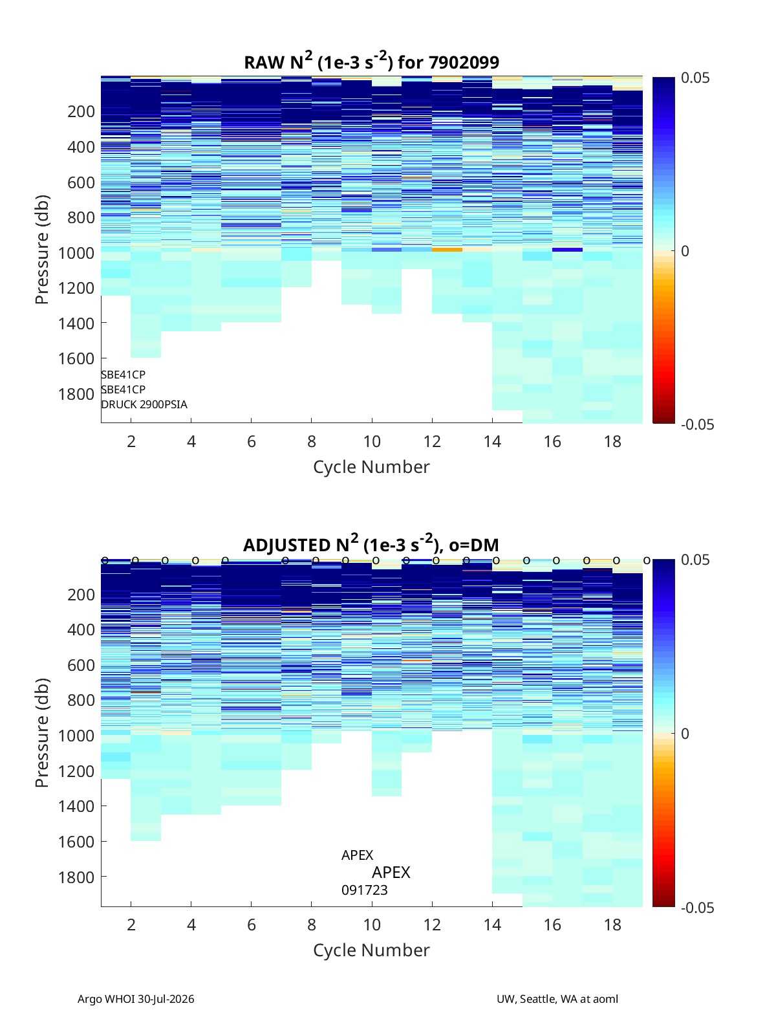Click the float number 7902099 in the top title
(x=464, y=63)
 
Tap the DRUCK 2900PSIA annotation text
(x=144, y=404)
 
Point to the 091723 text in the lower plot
(x=365, y=890)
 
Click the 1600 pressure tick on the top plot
(x=76, y=358)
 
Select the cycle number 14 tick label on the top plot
(x=492, y=441)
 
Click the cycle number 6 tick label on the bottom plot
(x=252, y=925)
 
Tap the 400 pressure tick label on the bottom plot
(x=81, y=630)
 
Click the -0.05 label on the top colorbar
(x=697, y=424)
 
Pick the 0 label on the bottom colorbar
(x=685, y=734)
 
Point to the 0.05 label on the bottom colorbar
(x=695, y=560)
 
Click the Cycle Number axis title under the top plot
(x=372, y=467)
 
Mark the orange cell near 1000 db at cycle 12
(x=447, y=250)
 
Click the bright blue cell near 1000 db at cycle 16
(x=567, y=250)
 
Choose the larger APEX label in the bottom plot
(x=391, y=872)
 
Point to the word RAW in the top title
(x=263, y=63)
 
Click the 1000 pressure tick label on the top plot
(x=76, y=253)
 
